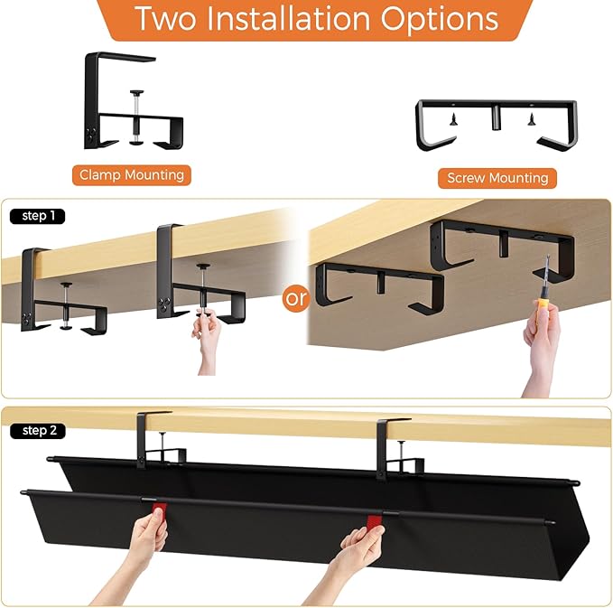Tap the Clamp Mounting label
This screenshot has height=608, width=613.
click(x=131, y=175)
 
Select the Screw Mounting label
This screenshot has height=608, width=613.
click(x=497, y=178)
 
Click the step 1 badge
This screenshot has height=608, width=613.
click(x=37, y=217)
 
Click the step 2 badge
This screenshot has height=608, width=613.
click(x=37, y=431)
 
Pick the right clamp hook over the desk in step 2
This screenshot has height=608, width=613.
click(x=390, y=438)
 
